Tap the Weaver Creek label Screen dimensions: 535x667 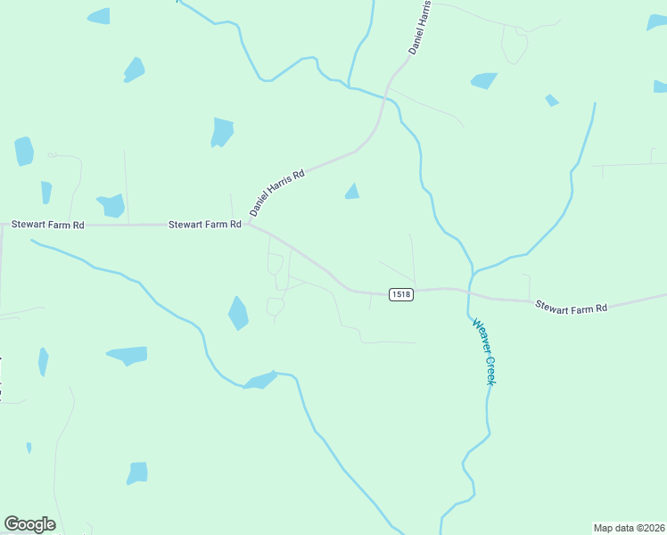pos(482,352)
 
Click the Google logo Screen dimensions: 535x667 pos(29,524)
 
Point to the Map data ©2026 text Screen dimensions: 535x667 pos(629,527)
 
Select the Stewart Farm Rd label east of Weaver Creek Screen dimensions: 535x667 pos(571,307)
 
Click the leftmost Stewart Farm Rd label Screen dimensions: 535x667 pos(47,226)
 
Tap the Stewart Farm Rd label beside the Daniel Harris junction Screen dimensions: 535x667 pos(205,225)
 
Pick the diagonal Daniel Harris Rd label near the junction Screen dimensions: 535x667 pos(277,193)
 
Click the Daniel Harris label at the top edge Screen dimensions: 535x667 pos(420,29)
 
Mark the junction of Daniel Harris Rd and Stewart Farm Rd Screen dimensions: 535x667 pos(249,224)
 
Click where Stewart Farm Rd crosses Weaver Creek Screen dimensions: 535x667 pos(467,292)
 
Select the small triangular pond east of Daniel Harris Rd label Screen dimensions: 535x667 pos(352,192)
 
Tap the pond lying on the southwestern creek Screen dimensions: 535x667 pos(259,382)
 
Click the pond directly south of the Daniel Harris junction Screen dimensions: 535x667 pos(238,313)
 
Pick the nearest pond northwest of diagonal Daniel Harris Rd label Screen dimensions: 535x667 pos(221,132)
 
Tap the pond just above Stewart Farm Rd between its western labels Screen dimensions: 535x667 pos(111,206)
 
